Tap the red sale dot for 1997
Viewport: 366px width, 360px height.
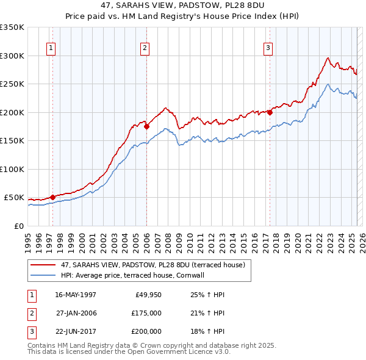52,197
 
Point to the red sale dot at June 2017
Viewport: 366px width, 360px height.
270,112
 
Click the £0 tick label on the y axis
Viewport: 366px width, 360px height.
18,226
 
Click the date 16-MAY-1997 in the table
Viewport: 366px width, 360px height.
75,295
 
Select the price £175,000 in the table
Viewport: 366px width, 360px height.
146,313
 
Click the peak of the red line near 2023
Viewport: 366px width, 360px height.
328,58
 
